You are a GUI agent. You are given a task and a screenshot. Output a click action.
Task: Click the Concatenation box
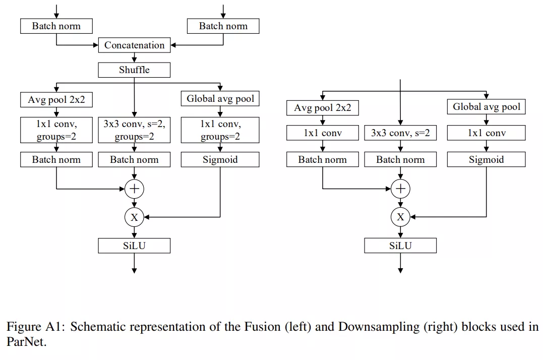coord(135,45)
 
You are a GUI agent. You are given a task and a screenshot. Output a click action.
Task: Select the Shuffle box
coord(135,70)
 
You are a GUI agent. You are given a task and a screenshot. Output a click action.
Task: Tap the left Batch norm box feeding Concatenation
coord(56,26)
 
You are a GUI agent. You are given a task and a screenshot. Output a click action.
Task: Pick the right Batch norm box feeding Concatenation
coord(223,26)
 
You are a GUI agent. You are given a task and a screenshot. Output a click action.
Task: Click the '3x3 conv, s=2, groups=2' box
coord(135,130)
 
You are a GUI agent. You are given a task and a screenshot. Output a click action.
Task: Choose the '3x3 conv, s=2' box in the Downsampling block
coord(400,133)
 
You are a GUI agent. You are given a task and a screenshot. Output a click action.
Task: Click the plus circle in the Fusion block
coord(135,189)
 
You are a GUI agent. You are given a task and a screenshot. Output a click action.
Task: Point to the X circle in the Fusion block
coord(135,217)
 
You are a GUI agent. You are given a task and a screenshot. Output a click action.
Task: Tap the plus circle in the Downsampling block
coord(400,189)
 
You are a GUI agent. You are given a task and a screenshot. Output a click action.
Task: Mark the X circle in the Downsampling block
coord(400,217)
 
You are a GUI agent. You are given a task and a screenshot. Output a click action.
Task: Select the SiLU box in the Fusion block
coord(135,246)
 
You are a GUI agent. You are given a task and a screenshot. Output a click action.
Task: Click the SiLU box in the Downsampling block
coord(400,246)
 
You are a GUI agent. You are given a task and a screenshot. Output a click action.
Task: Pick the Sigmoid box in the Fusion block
coord(220,159)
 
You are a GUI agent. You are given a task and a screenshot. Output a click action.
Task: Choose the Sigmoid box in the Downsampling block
coord(486,159)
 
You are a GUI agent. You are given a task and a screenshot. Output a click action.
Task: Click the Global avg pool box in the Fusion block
coord(220,99)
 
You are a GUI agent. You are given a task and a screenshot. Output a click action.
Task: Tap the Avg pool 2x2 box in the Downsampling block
coord(322,108)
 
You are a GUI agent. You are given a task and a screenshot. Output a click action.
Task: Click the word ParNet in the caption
coord(26,342)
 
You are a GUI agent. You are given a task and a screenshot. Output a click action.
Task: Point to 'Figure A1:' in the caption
coord(36,327)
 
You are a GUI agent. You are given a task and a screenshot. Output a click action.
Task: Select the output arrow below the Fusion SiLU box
coord(135,263)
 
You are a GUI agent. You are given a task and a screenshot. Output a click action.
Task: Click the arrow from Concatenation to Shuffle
coord(135,57)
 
